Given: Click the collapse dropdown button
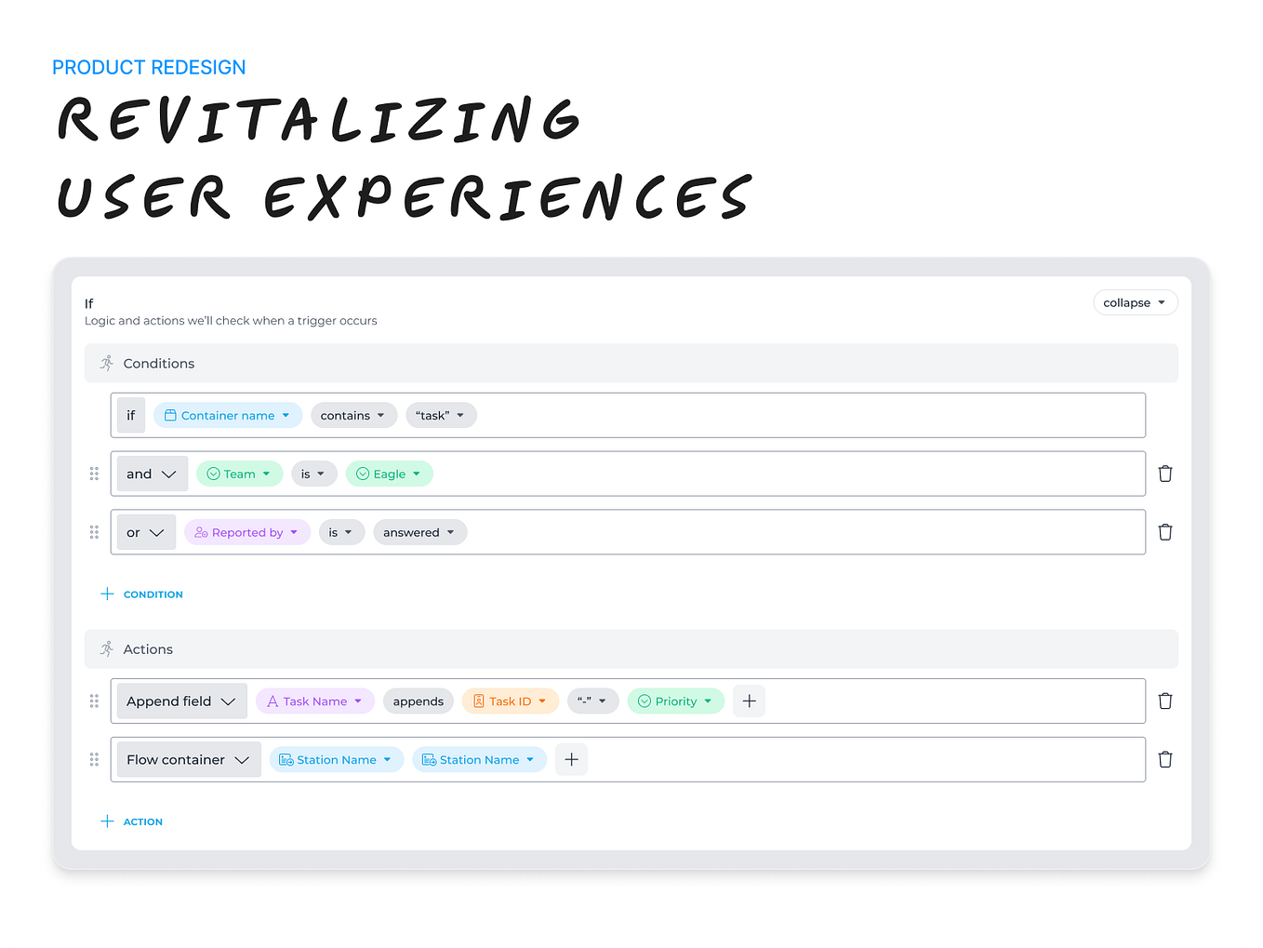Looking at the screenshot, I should click(x=1135, y=303).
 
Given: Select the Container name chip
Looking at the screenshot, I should click(x=228, y=416).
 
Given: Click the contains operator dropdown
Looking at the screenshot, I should click(x=353, y=416).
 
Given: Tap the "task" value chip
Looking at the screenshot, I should click(x=441, y=416).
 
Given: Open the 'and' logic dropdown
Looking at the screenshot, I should click(x=152, y=474).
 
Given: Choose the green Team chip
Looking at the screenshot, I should click(x=239, y=474).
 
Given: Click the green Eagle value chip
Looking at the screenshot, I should click(x=389, y=474).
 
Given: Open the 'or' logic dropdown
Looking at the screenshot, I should click(x=146, y=533).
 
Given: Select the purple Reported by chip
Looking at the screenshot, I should click(x=246, y=533).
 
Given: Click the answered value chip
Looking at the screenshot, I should click(x=419, y=533).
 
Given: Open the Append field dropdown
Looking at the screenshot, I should click(x=181, y=701).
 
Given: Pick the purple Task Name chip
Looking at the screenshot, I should click(x=314, y=701).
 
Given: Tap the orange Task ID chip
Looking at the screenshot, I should click(x=510, y=701).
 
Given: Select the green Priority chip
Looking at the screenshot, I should click(x=675, y=701).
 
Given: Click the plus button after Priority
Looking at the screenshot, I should click(x=749, y=701).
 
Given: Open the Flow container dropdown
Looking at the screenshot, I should click(x=188, y=760).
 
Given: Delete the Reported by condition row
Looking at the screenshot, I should click(x=1164, y=533).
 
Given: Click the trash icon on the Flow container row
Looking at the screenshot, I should click(x=1164, y=760).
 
